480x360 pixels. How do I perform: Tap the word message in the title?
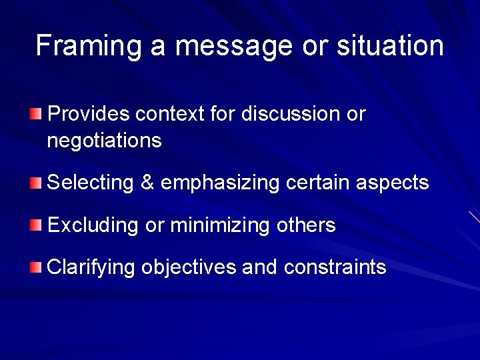(x=234, y=46)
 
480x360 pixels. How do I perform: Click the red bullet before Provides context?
(x=35, y=114)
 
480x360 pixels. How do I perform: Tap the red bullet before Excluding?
(x=35, y=225)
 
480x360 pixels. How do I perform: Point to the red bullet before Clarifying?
(x=35, y=268)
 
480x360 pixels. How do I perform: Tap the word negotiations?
(x=105, y=141)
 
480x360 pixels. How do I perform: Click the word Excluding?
(x=93, y=225)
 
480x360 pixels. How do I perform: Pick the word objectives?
(x=189, y=268)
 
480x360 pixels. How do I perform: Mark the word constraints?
(x=335, y=268)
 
